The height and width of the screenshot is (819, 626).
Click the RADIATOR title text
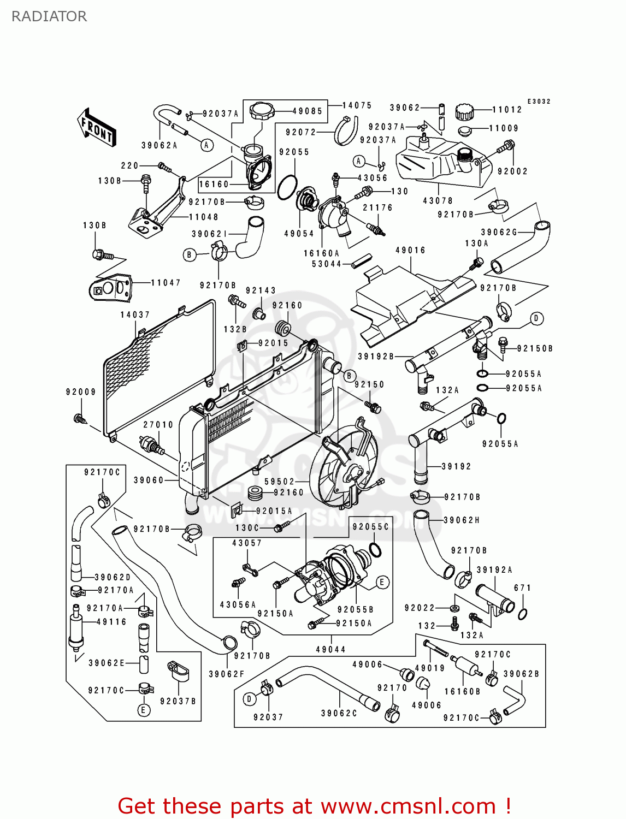[x=49, y=16]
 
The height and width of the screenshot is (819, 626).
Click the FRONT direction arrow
[x=97, y=128]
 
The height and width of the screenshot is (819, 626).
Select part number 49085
[x=308, y=111]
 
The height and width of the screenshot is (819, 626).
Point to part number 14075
[x=357, y=105]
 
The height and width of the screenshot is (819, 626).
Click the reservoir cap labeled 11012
[x=464, y=111]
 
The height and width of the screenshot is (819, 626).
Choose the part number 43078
[x=438, y=200]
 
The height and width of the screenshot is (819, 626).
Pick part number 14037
[x=135, y=314]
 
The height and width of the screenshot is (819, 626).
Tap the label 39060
[x=149, y=480]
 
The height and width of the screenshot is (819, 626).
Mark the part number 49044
[x=330, y=649]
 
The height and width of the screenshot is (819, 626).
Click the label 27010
[x=158, y=424]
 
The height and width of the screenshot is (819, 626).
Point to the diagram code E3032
[x=539, y=102]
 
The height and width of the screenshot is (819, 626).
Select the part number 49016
[x=410, y=250]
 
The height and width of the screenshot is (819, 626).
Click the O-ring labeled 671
[x=522, y=614]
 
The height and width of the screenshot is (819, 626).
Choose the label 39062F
[x=227, y=674]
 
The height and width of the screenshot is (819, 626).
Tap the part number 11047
[x=166, y=282]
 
